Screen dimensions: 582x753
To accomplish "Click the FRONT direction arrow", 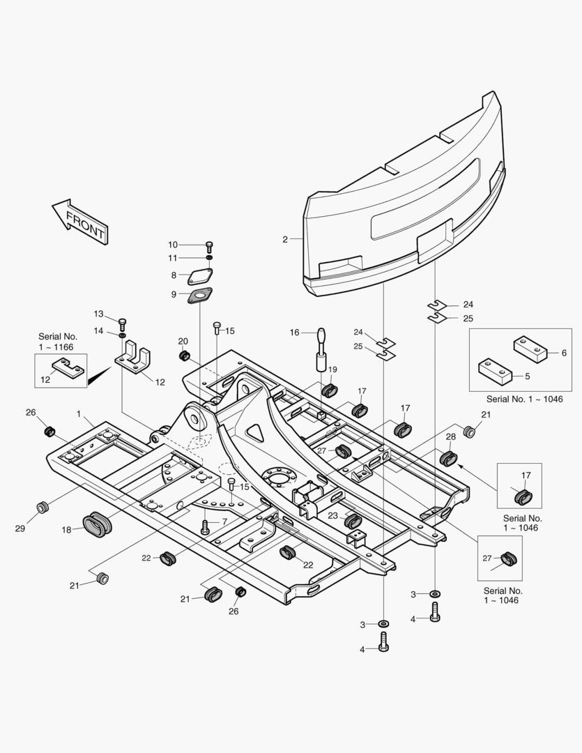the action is pos(79,222).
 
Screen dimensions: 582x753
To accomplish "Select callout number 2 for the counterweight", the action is pos(285,239).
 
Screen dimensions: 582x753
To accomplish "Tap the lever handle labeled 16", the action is pos(321,349).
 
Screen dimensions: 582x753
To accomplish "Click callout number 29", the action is pos(20,528).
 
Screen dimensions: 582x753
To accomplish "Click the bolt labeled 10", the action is pos(209,246).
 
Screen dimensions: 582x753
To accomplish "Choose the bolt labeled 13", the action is pos(122,323).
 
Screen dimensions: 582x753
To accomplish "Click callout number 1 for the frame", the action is pos(79,413).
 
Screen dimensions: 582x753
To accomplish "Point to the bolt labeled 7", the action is pos(206,527).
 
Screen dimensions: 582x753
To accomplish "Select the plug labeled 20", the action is pos(184,356).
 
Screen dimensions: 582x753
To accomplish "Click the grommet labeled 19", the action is pos(329,390).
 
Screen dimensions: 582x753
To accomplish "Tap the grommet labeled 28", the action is pos(448,458).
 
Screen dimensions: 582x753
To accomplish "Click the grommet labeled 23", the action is pos(353,521).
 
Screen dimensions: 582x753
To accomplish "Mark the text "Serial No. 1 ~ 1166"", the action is pos(58,342).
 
